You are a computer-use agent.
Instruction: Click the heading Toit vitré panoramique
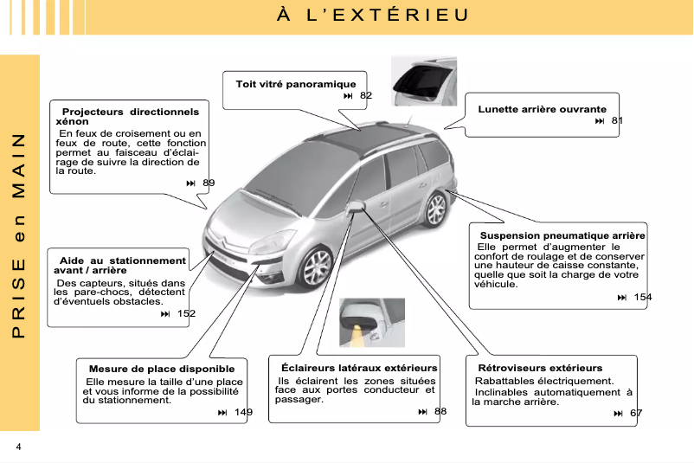coord(296,84)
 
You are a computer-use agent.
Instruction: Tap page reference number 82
coord(366,95)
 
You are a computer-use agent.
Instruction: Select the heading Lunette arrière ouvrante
coord(542,109)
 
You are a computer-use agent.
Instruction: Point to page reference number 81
coord(617,120)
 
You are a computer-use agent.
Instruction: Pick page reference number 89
coord(209,183)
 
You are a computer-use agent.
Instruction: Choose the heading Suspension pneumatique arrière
coord(562,235)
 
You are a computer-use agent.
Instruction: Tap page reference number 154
coord(643,298)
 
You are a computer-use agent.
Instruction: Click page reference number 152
coord(186,313)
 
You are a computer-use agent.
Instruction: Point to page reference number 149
coord(243,412)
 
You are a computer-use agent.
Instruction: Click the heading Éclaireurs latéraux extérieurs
coord(359,369)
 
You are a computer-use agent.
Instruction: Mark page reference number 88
coord(440,411)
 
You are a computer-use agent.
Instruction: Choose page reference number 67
coord(636,413)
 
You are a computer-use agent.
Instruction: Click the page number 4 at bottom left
coord(17,446)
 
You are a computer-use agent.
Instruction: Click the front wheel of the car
coord(317,267)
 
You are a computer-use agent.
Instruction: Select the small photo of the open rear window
coord(423,80)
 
